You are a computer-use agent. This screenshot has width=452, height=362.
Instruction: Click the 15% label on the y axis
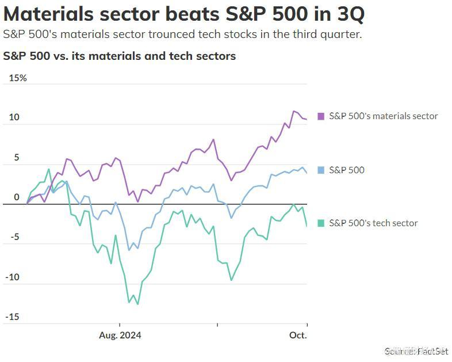tap(18, 78)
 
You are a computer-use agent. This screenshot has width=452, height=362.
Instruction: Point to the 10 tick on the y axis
tap(14, 117)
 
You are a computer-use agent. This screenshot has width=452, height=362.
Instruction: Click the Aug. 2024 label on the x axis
tap(120, 335)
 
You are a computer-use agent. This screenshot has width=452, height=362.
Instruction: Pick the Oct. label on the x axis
tap(298, 335)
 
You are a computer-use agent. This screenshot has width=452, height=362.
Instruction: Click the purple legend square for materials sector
tap(321, 116)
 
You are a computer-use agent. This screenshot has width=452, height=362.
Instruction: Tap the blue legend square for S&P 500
tap(321, 170)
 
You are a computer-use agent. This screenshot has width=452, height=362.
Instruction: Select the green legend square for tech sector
tap(321, 223)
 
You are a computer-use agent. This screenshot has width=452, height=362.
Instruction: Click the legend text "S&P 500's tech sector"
tap(373, 223)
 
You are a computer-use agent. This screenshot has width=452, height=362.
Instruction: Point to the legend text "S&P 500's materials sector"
tap(383, 116)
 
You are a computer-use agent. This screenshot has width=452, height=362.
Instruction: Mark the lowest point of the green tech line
tap(137, 304)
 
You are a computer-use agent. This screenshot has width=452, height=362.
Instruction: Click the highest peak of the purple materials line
tap(294, 111)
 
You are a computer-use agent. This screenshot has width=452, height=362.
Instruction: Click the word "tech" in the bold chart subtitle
tap(179, 56)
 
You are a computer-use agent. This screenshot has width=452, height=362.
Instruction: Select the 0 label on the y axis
tap(16, 197)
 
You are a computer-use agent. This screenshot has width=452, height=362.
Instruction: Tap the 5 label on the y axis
tap(17, 157)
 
